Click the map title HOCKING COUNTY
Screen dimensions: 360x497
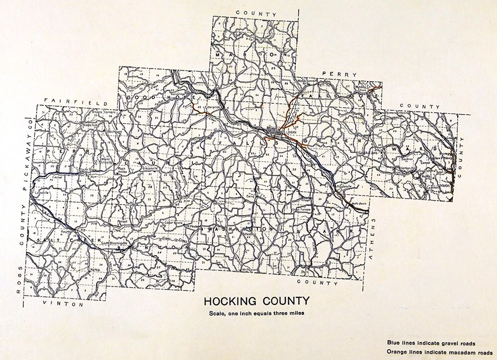256,301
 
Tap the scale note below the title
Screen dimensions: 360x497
256,313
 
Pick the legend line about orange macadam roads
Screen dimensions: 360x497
436,352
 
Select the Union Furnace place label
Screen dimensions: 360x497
302,209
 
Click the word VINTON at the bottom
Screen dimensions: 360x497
55,303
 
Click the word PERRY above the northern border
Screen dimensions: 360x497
339,74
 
